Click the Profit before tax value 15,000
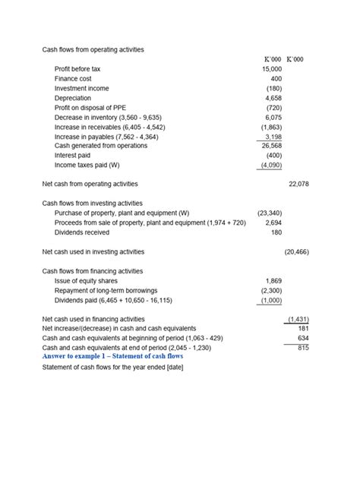(x=271, y=69)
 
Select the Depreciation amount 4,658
(x=273, y=98)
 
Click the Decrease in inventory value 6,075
(x=273, y=117)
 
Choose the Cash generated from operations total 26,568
(x=271, y=146)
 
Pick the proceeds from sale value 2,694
(x=273, y=223)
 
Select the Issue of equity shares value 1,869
(x=273, y=281)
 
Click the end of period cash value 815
(x=302, y=347)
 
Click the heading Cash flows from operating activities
(x=93, y=49)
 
